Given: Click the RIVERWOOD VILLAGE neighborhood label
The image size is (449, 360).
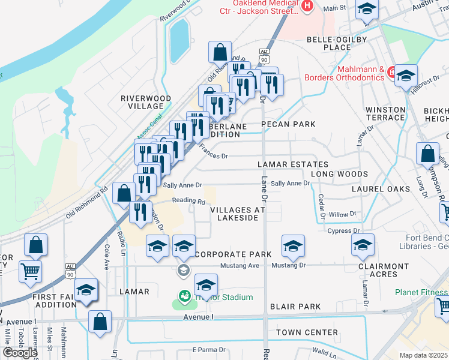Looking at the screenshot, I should [x=142, y=102].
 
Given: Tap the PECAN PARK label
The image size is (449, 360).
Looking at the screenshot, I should [x=288, y=124].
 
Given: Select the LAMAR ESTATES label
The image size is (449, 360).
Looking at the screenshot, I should [x=293, y=164].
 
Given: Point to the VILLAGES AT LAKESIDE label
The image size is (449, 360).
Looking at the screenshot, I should [x=238, y=214].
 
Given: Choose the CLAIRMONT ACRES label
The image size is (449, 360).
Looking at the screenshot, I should [x=378, y=270].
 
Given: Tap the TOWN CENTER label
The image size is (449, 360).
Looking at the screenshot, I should [x=307, y=332].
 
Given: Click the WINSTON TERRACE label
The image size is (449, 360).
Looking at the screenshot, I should [x=385, y=113].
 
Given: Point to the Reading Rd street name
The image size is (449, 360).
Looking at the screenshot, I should [x=184, y=201].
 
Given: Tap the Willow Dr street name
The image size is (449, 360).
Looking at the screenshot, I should [x=343, y=214].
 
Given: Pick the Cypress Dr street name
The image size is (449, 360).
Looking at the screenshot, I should [x=343, y=230].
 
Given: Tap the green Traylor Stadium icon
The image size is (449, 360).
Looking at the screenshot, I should [x=185, y=296].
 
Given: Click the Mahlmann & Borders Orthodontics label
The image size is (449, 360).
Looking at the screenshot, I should [x=344, y=73].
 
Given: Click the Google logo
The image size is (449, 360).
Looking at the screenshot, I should [x=20, y=352].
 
